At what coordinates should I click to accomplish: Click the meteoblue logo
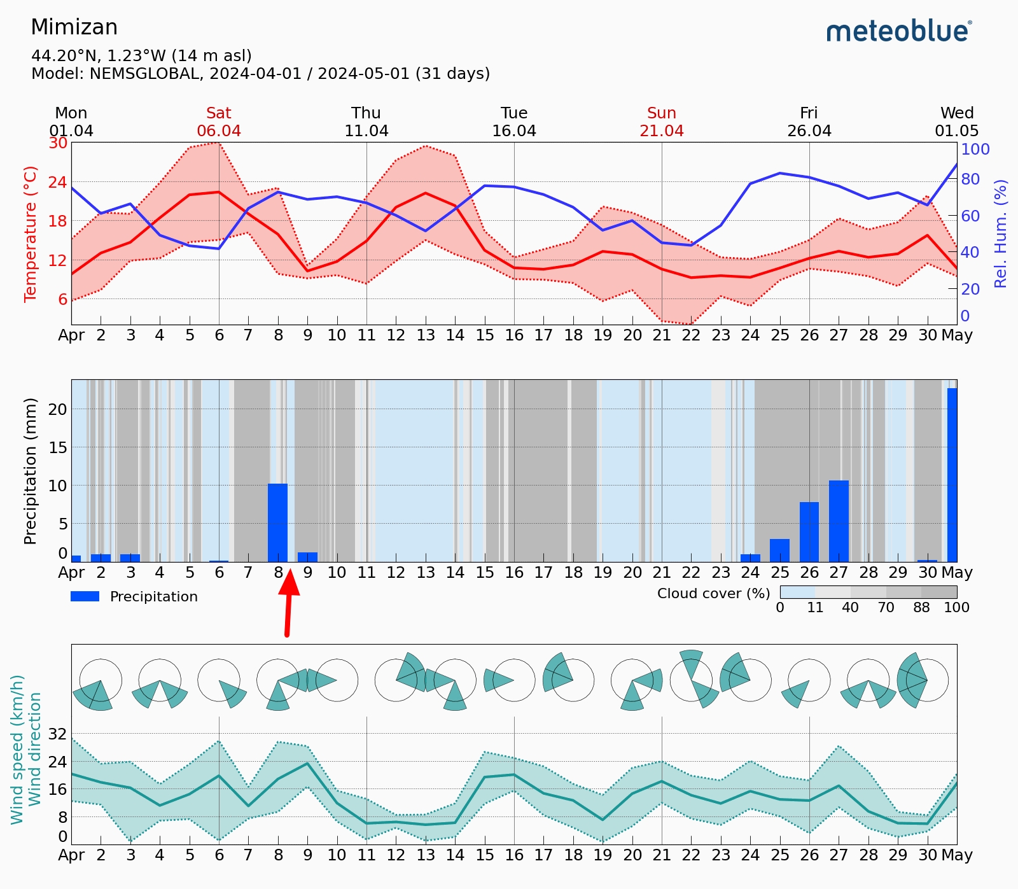pyautogui.click(x=899, y=31)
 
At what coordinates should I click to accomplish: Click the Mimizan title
pyautogui.click(x=74, y=27)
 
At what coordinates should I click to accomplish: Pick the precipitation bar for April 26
pyautogui.click(x=809, y=531)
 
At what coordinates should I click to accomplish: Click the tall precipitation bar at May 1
pyautogui.click(x=952, y=474)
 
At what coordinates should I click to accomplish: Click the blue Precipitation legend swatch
pyautogui.click(x=85, y=596)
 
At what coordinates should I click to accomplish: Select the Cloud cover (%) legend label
pyautogui.click(x=713, y=594)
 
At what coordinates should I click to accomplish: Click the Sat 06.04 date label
pyautogui.click(x=219, y=122)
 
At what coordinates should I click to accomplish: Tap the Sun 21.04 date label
pyautogui.click(x=662, y=122)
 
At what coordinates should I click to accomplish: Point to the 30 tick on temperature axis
pyautogui.click(x=58, y=143)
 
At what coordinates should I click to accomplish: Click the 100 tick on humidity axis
pyautogui.click(x=975, y=149)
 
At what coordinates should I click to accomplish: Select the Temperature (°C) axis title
pyautogui.click(x=31, y=234)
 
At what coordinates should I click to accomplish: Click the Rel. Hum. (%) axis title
pyautogui.click(x=1001, y=234)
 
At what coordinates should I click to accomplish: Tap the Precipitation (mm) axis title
pyautogui.click(x=31, y=471)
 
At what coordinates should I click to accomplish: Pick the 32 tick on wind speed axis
pyautogui.click(x=57, y=734)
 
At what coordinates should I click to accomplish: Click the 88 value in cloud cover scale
pyautogui.click(x=921, y=608)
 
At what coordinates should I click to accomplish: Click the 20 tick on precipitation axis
pyautogui.click(x=58, y=409)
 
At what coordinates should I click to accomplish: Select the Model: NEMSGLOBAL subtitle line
pyautogui.click(x=260, y=73)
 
